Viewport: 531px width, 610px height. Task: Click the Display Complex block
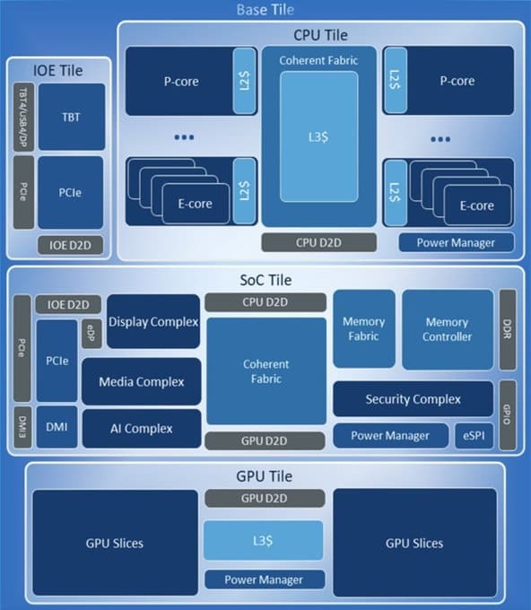[153, 321]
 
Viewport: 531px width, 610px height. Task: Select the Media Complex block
[141, 381]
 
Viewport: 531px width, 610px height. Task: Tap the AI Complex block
[141, 428]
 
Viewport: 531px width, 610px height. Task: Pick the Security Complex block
[413, 399]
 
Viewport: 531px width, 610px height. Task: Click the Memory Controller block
[447, 329]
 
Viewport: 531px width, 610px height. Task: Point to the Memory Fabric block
[363, 328]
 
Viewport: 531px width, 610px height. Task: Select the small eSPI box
[474, 436]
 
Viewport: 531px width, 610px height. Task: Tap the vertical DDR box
[507, 329]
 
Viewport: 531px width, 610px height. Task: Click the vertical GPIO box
[507, 414]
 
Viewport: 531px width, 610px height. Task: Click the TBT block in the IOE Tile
[69, 117]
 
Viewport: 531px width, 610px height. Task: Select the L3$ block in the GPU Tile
[263, 540]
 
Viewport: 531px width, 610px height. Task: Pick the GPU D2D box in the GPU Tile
[263, 499]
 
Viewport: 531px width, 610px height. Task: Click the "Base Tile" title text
[265, 10]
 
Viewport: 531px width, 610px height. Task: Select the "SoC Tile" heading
[265, 280]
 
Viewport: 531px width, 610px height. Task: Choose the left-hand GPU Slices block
[114, 543]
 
